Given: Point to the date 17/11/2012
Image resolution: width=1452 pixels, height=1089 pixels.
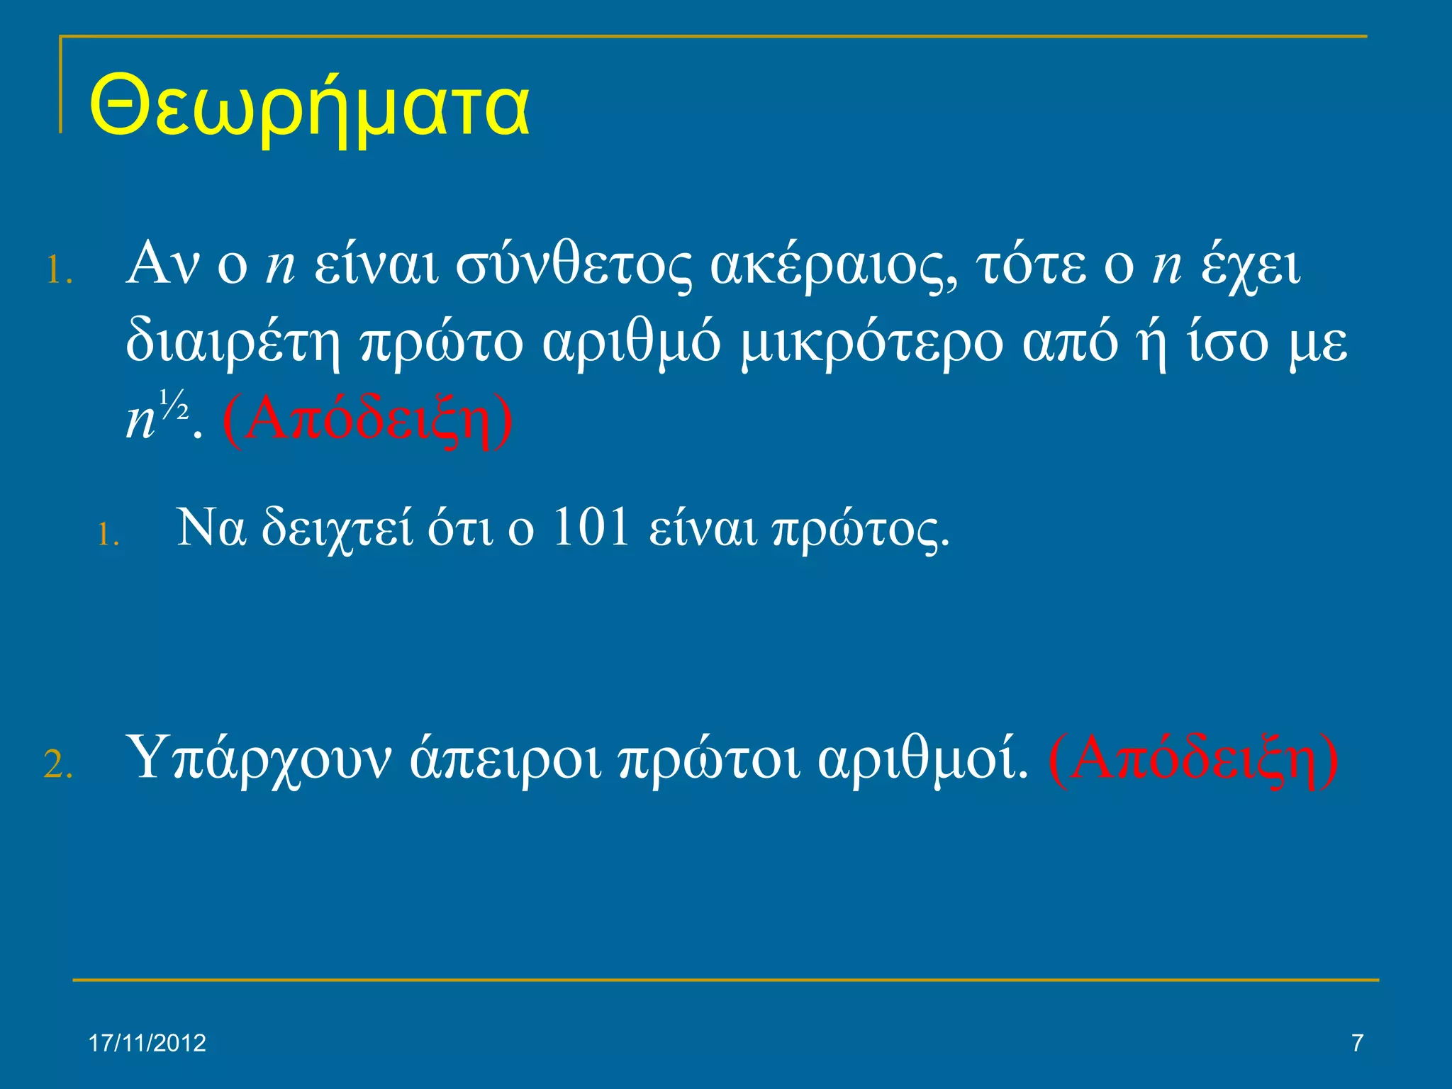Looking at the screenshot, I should [147, 1044].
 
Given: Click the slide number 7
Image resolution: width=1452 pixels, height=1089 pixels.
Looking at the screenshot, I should [1357, 1044].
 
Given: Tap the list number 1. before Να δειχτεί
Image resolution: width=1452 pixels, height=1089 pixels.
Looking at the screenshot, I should [108, 535].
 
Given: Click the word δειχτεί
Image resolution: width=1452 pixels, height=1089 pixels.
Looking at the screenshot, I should [337, 529].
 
